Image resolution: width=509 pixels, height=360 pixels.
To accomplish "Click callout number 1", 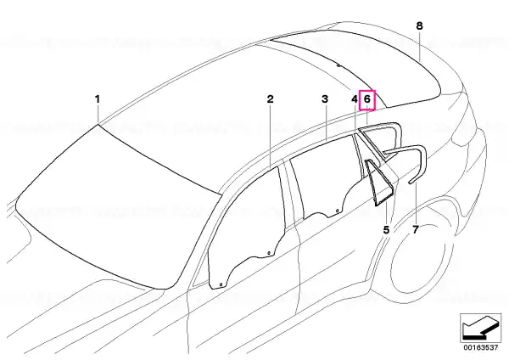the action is (x=97, y=99).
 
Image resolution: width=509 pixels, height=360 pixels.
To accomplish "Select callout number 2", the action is (x=270, y=99).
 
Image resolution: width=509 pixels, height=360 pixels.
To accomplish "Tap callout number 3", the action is (x=325, y=99).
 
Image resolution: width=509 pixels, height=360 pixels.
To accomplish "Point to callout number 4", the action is (x=355, y=99).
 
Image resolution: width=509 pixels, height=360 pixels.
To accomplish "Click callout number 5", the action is (x=386, y=230).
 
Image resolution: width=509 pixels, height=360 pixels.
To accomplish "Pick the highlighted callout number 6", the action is (x=367, y=99).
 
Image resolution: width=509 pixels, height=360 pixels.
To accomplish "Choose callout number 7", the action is (x=416, y=230).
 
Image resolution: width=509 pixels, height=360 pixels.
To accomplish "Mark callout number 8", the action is (x=419, y=25).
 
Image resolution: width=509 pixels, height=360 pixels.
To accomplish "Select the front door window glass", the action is (x=247, y=228).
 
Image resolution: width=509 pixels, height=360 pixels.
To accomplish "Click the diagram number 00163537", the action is (x=481, y=347).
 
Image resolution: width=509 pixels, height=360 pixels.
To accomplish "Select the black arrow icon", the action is (x=481, y=328).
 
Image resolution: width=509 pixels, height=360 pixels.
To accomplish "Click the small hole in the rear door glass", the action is (x=337, y=211).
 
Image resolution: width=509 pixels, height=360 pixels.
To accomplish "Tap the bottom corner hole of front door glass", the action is (x=221, y=285).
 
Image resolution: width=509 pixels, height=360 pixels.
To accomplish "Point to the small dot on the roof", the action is (x=338, y=65).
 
